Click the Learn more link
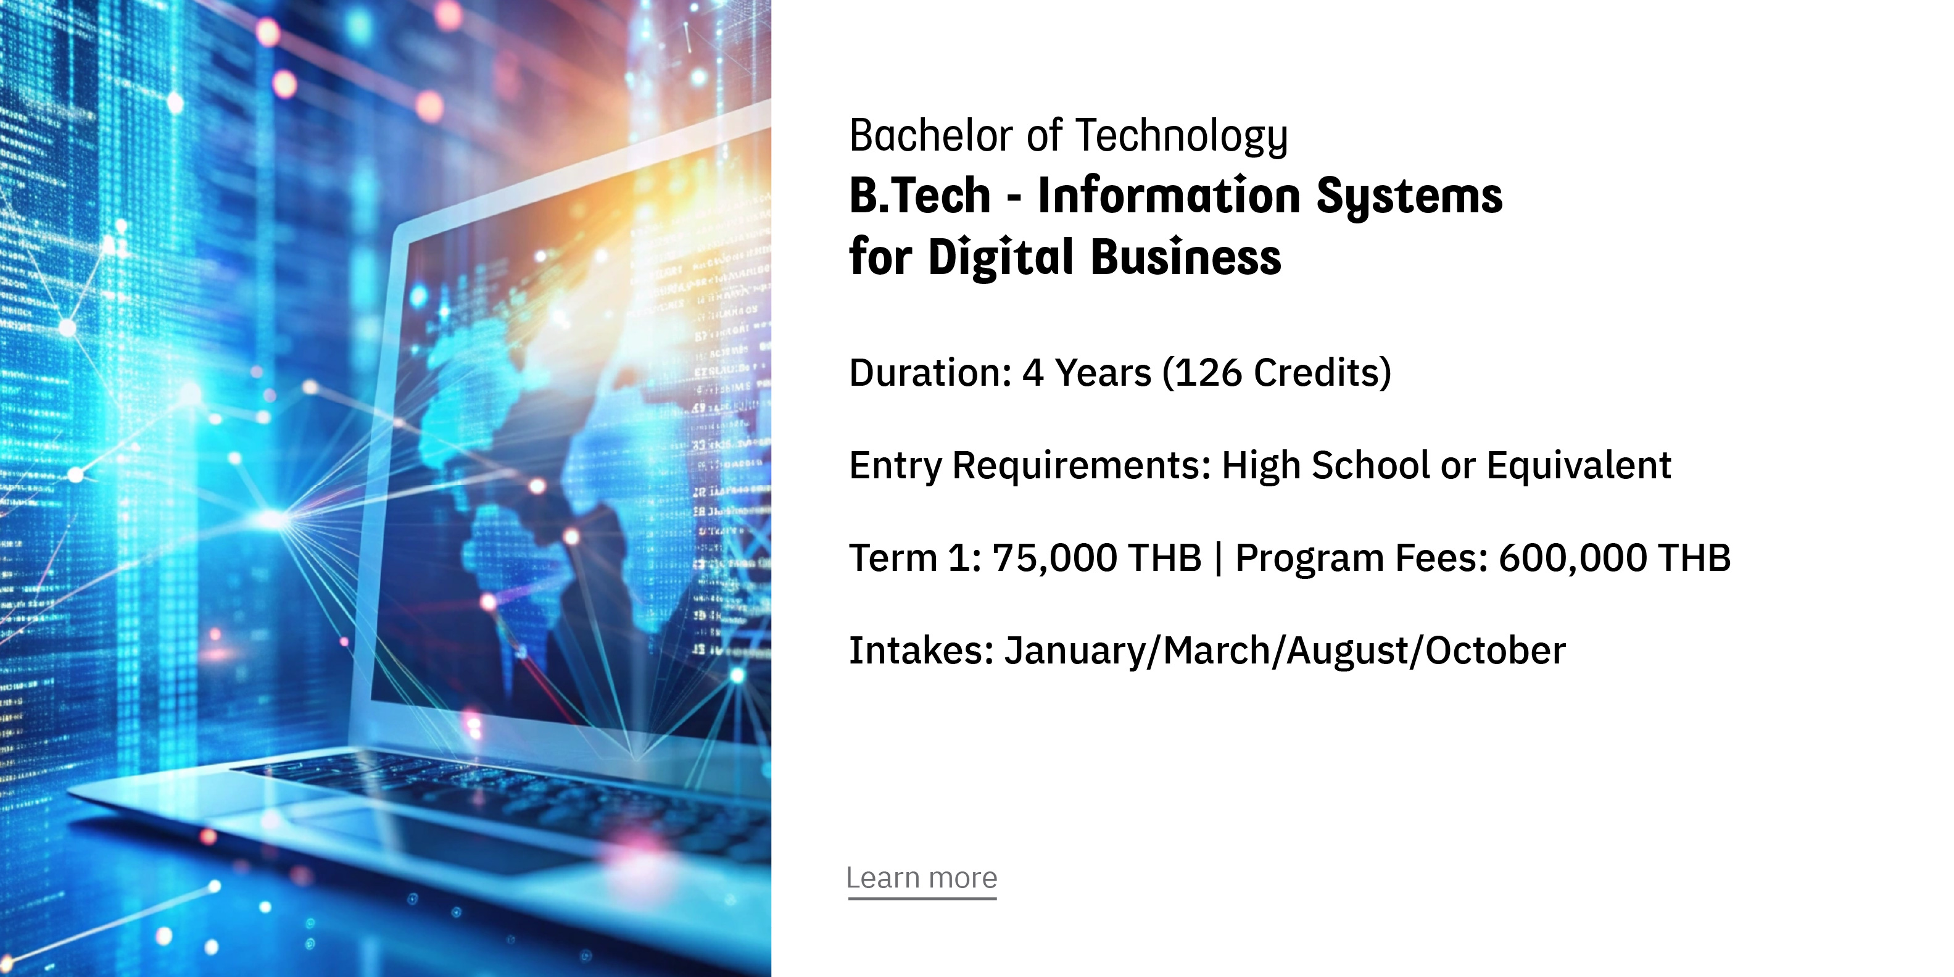point(922,878)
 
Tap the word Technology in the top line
point(1182,137)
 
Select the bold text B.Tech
point(920,195)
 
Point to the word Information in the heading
point(1169,195)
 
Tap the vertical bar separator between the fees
point(1218,559)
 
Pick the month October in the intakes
point(1495,651)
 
